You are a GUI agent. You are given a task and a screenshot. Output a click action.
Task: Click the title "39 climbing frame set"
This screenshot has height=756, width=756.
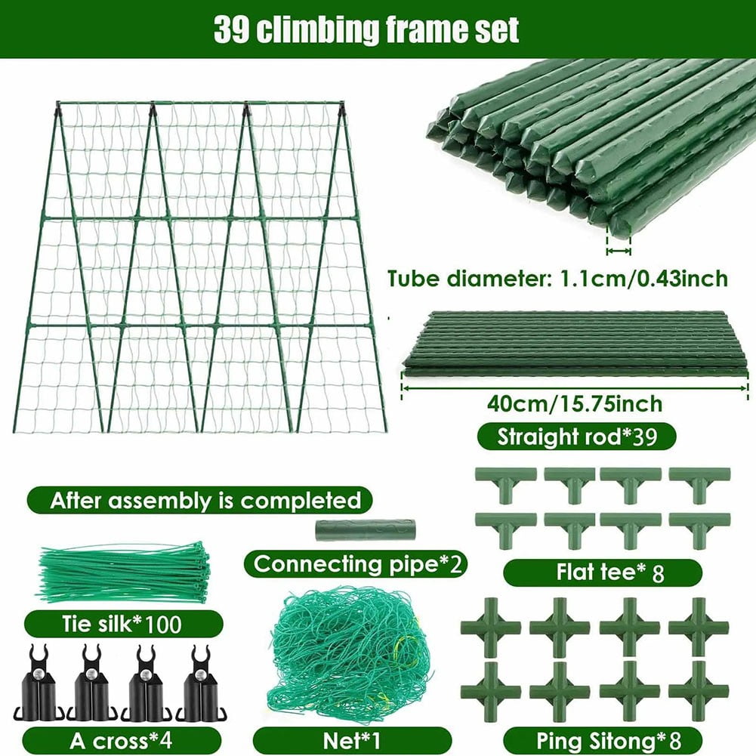click(366, 30)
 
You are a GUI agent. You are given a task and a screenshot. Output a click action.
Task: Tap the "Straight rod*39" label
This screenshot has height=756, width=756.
click(575, 437)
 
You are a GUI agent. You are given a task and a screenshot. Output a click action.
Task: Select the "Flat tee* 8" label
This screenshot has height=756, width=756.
click(602, 572)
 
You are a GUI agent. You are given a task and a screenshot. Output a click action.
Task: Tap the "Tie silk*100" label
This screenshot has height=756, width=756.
click(123, 624)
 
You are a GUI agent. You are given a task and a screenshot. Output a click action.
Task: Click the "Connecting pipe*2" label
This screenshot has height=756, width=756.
click(357, 564)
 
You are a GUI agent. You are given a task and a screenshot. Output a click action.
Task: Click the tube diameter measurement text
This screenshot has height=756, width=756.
click(557, 279)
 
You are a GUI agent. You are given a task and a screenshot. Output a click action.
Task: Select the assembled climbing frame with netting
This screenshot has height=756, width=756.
click(200, 267)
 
